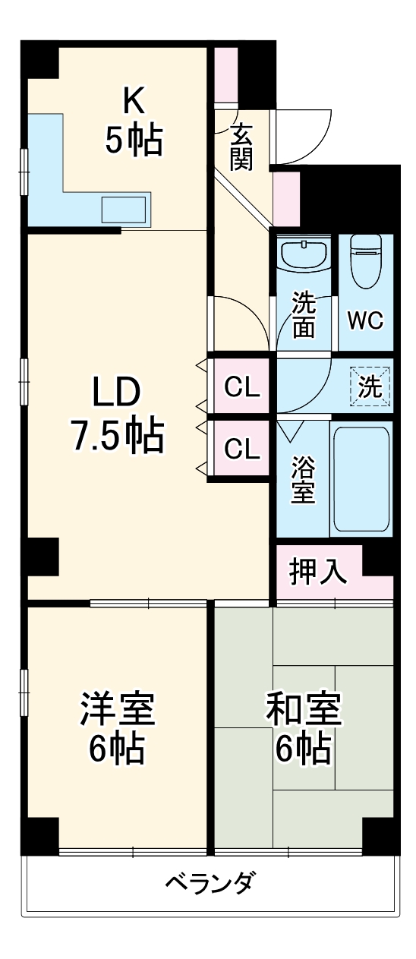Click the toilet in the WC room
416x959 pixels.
365,263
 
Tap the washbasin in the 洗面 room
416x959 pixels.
303,254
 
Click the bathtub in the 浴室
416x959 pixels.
361,478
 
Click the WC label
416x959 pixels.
365,320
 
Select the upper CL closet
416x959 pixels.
242,388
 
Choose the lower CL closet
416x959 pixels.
242,450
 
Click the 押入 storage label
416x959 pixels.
319,572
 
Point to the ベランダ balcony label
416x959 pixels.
210,883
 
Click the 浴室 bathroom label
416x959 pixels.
303,478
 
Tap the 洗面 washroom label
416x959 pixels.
304,314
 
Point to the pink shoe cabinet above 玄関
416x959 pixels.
225,75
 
